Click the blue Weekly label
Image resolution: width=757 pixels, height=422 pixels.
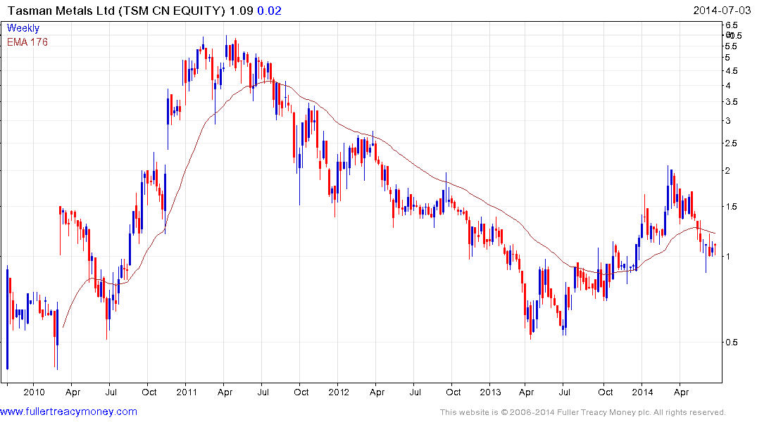23,28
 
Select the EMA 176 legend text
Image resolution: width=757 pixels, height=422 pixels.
27,41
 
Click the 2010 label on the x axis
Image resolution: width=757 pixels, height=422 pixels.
34,391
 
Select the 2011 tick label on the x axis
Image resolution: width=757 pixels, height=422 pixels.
186,391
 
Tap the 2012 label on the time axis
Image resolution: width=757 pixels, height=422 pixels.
339,391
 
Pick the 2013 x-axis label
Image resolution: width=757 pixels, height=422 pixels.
490,391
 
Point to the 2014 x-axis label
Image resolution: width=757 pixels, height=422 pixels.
642,391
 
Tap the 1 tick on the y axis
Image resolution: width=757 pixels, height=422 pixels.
729,257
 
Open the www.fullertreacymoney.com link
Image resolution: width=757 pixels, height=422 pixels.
69,411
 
